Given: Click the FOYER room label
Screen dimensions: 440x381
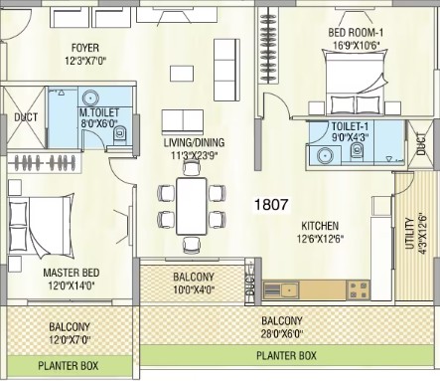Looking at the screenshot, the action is click(85, 48).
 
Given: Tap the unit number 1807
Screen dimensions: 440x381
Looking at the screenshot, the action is click(271, 204).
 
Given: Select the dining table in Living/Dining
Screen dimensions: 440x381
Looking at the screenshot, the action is click(192, 206).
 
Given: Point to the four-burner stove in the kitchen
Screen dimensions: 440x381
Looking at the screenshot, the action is click(358, 289).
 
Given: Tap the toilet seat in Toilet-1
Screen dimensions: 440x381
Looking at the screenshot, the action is click(357, 151).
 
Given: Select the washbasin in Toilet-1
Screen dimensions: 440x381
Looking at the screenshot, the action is click(325, 155).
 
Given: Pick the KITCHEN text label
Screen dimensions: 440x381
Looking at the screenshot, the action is click(320, 226).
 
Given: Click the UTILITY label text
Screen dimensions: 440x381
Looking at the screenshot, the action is click(410, 234).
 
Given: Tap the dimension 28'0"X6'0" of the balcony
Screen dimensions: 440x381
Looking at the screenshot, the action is click(282, 333).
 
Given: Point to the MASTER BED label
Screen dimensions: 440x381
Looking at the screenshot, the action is click(72, 273).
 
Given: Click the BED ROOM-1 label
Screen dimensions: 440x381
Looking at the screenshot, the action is click(356, 33).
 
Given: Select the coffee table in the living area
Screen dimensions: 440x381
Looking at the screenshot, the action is click(182, 74).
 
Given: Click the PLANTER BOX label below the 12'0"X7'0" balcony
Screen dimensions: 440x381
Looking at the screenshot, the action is click(69, 366).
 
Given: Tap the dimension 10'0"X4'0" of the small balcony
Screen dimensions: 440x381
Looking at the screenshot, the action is click(194, 289).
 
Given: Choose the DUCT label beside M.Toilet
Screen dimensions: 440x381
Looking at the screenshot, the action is click(26, 117).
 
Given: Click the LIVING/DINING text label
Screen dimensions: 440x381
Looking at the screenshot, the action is click(195, 142).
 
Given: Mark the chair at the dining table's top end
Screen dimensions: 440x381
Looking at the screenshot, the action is click(192, 168).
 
